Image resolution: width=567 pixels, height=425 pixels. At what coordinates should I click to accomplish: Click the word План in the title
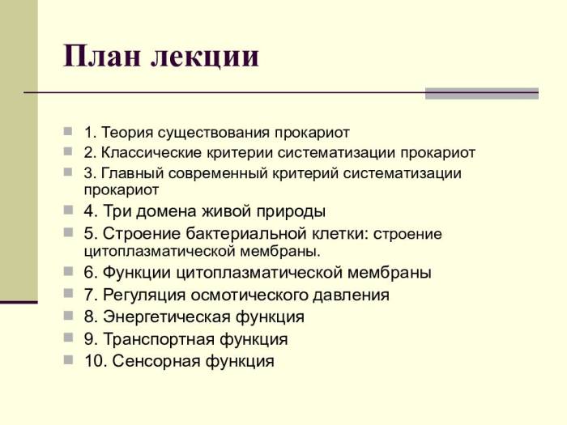pyautogui.click(x=100, y=57)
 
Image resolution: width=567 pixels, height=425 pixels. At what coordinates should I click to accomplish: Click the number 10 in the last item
pyautogui.click(x=93, y=361)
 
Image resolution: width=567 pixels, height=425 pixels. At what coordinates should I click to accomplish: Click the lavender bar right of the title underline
pyautogui.click(x=482, y=93)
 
